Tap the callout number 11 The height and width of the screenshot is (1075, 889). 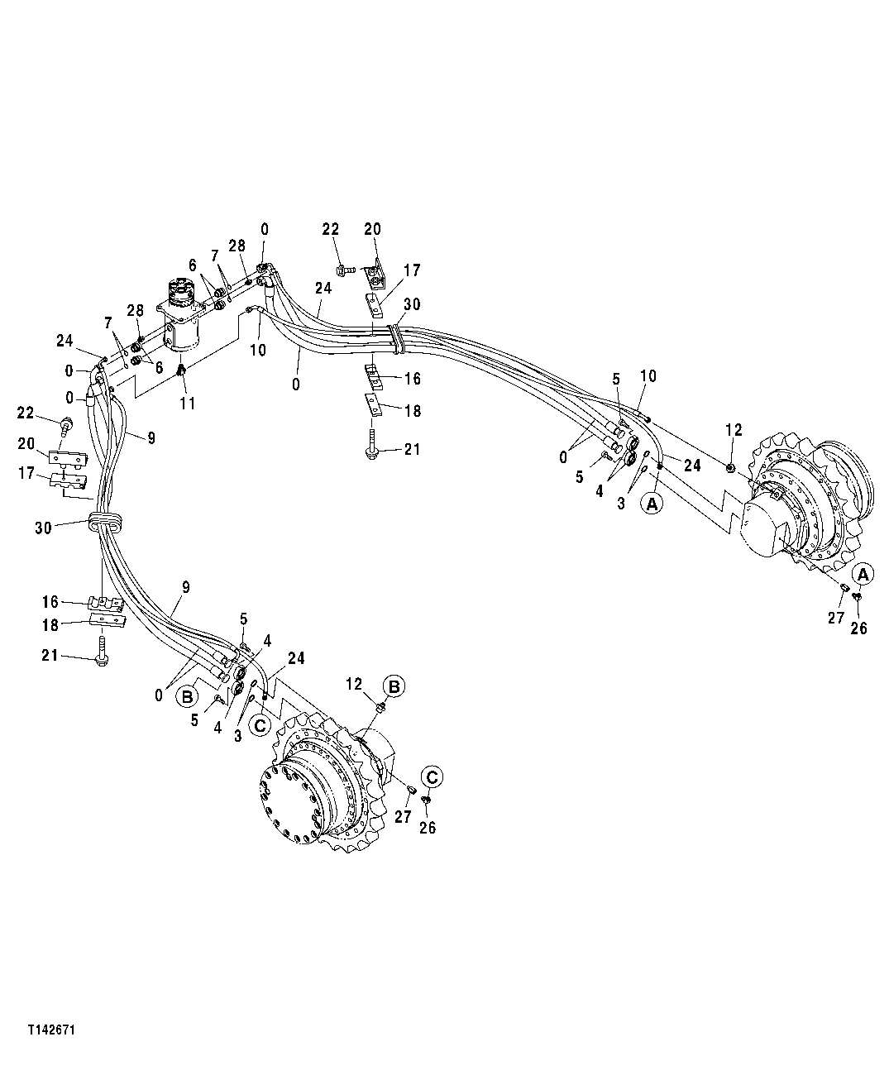(x=188, y=404)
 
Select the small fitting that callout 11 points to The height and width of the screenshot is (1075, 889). (x=182, y=370)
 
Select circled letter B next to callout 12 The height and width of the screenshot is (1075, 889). (x=394, y=686)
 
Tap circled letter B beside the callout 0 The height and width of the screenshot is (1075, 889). (x=188, y=695)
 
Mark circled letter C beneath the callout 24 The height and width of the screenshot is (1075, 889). (x=260, y=725)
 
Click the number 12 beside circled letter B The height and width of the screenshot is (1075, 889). (x=354, y=684)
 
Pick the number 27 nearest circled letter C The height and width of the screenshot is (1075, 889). (x=402, y=817)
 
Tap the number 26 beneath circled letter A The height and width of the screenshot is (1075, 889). (x=858, y=628)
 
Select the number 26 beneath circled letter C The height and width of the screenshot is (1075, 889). (x=427, y=828)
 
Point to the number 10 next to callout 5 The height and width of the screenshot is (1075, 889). (x=648, y=376)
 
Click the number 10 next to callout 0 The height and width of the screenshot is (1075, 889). (x=258, y=350)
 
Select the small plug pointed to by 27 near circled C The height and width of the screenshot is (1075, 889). (x=411, y=793)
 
